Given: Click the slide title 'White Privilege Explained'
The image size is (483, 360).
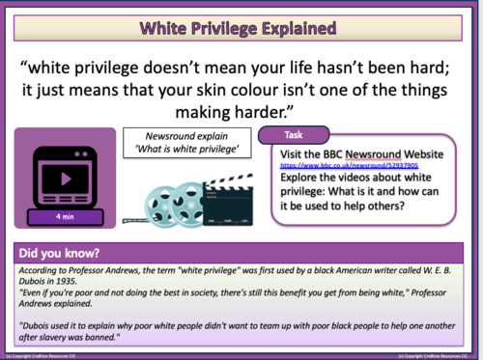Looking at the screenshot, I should coord(241,26).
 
